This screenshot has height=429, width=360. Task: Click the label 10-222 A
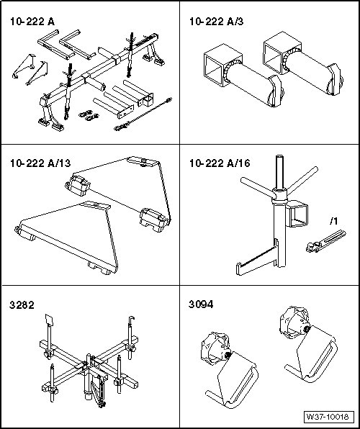(x=32, y=22)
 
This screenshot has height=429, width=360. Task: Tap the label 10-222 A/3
(x=216, y=22)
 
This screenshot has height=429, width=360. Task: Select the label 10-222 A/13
(x=40, y=163)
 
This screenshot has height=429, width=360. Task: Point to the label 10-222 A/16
(x=220, y=163)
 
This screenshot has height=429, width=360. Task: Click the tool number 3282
(x=22, y=304)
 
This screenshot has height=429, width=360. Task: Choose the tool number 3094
(x=201, y=304)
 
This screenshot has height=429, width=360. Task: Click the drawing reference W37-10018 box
(x=328, y=417)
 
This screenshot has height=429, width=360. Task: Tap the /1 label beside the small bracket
(x=333, y=221)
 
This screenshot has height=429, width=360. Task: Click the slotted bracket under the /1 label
(x=325, y=241)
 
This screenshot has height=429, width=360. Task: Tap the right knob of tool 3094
(x=295, y=322)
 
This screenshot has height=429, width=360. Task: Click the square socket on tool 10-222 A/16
(x=297, y=214)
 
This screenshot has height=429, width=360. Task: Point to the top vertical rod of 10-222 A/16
(x=279, y=173)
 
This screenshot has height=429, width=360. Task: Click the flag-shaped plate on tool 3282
(x=49, y=320)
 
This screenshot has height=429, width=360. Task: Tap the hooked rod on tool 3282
(x=130, y=338)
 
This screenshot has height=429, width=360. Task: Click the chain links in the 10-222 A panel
(x=89, y=115)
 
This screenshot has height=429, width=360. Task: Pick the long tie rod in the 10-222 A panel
(x=143, y=114)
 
